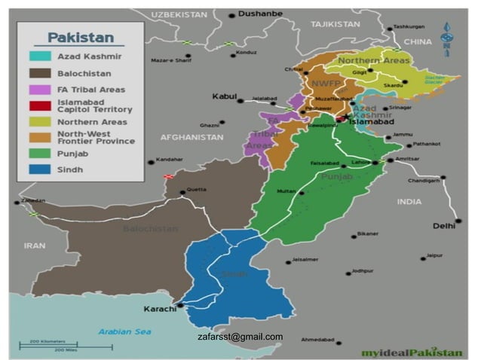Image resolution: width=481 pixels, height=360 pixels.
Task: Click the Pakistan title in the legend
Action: (x=81, y=37)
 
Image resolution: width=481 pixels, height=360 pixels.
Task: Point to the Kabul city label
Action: (x=225, y=96)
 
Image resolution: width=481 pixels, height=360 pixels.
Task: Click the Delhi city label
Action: (x=444, y=225)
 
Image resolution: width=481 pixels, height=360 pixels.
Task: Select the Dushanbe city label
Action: (x=260, y=14)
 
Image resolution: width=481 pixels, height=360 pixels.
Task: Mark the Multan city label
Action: (x=286, y=191)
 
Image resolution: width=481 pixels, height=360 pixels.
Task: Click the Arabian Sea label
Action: (x=124, y=332)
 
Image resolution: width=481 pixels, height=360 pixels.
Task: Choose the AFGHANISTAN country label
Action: (x=191, y=137)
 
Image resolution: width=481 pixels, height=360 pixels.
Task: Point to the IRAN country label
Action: (x=35, y=246)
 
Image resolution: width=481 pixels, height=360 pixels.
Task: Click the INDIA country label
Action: (x=409, y=202)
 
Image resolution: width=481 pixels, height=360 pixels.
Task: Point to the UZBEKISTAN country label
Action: (x=178, y=14)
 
